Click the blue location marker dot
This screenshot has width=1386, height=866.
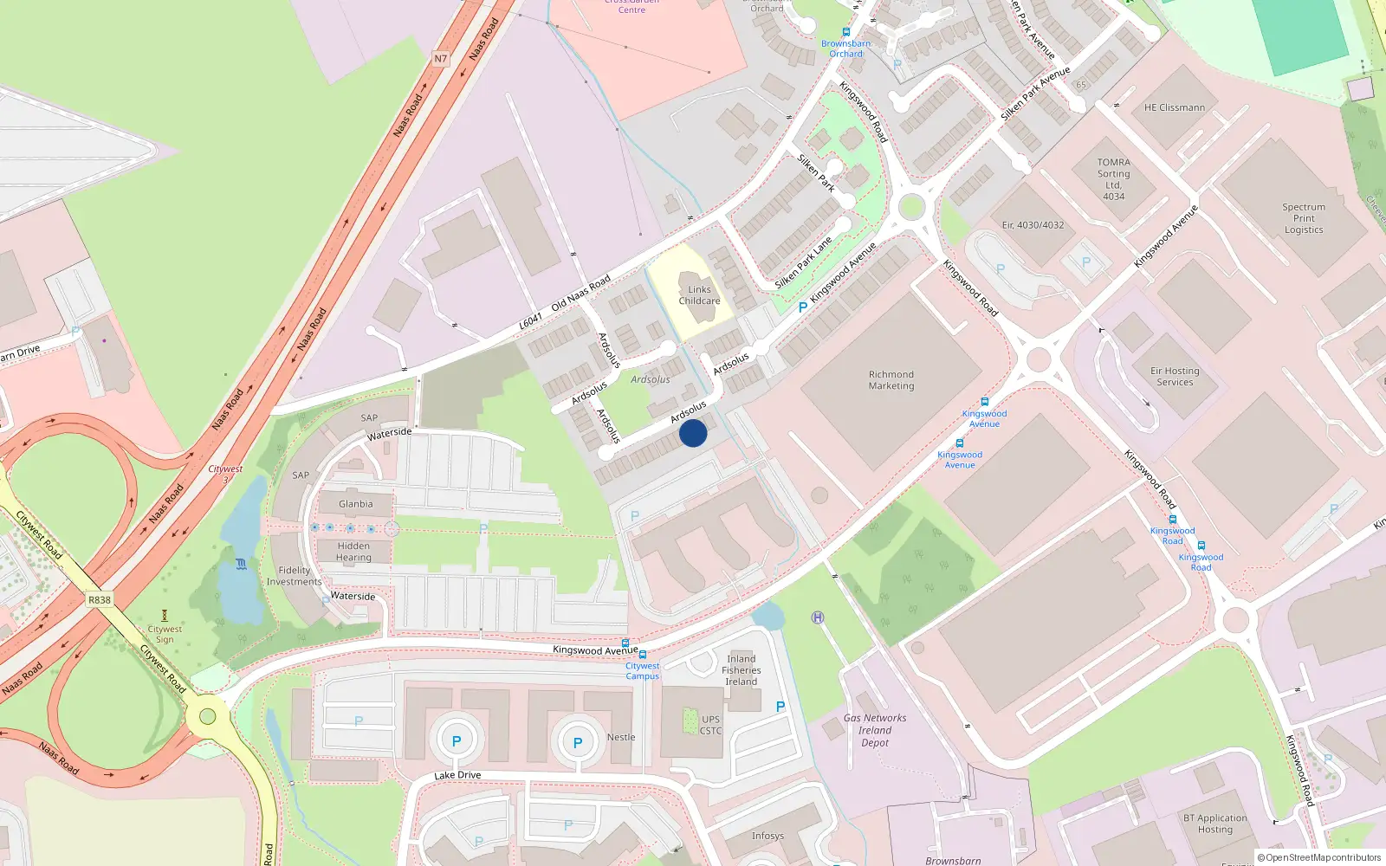pos(693,433)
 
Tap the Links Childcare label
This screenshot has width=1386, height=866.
pos(699,295)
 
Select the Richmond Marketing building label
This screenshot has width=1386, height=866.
pos(891,380)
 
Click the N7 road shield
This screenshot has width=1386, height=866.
pos(441,59)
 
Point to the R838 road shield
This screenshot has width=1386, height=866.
pos(100,599)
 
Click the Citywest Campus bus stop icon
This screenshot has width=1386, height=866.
pos(642,655)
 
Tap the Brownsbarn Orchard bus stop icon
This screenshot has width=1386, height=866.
pos(846,32)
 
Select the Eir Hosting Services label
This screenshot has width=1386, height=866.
pos(1175,376)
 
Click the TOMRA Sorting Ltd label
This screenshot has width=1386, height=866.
pos(1113,179)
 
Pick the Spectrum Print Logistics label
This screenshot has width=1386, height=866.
pos(1304,218)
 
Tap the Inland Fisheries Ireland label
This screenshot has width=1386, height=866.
pos(742,670)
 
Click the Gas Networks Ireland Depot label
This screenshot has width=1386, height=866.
pos(875,730)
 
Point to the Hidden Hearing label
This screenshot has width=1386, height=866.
pos(353,552)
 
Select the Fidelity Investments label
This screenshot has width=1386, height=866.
pos(294,576)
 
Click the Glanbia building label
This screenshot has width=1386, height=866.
pos(356,504)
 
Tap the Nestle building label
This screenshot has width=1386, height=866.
pos(621,737)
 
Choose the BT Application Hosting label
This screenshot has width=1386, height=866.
pos(1215,824)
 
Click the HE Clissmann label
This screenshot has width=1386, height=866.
pos(1174,107)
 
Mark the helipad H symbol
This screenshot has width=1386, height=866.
pos(818,617)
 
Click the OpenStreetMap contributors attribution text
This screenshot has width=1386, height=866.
pos(1318,858)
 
